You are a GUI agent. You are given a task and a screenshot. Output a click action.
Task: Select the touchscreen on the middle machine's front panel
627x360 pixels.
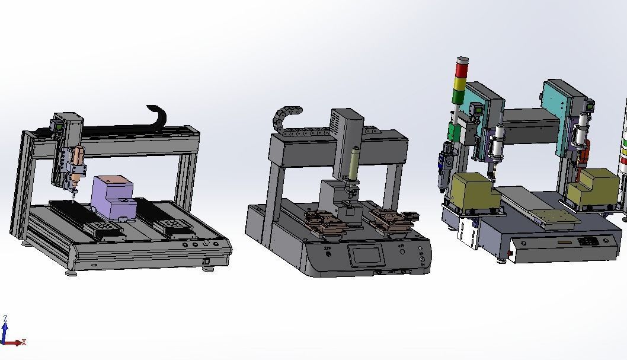[x=367, y=256]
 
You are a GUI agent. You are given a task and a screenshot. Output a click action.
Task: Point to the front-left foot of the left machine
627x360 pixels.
[x=72, y=273]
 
